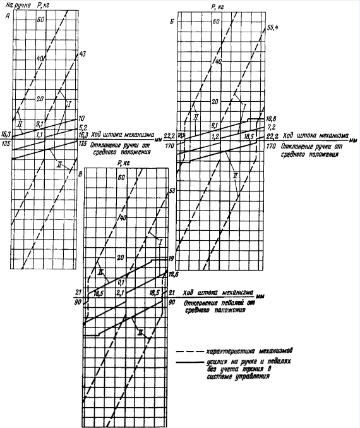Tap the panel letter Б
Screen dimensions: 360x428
(183, 21)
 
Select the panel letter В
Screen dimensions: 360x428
(78, 173)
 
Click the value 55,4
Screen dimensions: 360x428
(273, 28)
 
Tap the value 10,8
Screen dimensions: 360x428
(272, 119)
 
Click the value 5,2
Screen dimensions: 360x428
(82, 128)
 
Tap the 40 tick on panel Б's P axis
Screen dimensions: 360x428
(219, 61)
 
